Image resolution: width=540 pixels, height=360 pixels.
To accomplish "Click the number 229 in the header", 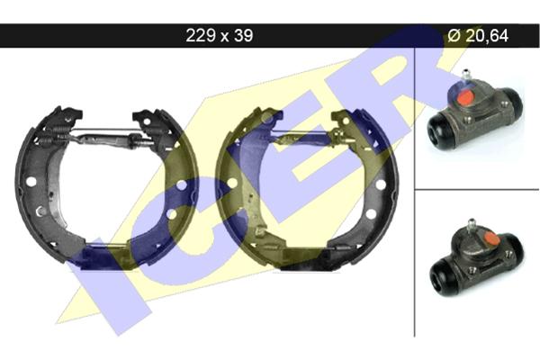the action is coord(201,35).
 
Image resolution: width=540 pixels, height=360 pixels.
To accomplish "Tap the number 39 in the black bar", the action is coord(244,35).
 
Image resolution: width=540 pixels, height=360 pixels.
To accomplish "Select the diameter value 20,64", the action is coord(487,35).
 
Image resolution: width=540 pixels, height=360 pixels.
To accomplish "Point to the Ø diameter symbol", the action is coord(454,35).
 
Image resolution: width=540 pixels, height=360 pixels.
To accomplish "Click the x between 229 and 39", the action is coord(224,37).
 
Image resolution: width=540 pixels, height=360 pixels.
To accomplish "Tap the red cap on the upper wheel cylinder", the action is coord(464,97).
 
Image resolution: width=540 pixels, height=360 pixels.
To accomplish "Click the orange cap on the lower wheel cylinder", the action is coord(491,238).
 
